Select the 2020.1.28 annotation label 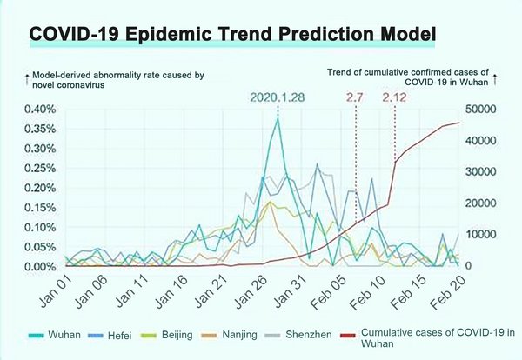tap(277, 97)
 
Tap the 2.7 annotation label tap(355, 97)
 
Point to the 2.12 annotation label tap(396, 97)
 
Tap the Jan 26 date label tap(267, 288)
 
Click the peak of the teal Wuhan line tap(278, 118)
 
